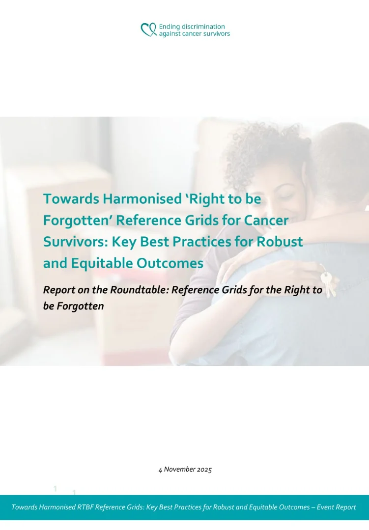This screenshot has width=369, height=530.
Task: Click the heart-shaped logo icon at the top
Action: pyautogui.click(x=148, y=30)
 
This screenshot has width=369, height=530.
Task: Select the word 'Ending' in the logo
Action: pyautogui.click(x=169, y=27)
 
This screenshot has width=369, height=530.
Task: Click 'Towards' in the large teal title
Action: pyautogui.click(x=70, y=199)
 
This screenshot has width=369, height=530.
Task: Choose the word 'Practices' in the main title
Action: pyautogui.click(x=220, y=242)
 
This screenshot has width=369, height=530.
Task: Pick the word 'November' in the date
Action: pyautogui.click(x=179, y=469)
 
